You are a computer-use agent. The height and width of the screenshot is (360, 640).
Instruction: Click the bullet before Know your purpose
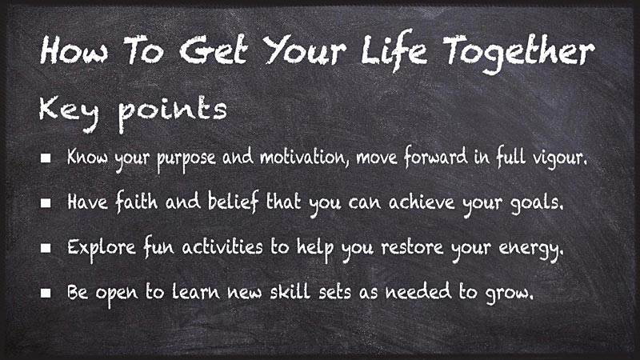(46, 158)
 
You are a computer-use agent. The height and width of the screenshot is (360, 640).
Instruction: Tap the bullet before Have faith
(46, 204)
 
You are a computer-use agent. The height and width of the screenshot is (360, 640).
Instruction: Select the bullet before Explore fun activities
(46, 249)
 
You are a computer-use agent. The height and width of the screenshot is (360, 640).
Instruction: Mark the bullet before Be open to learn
(46, 294)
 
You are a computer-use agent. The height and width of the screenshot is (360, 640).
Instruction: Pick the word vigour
(558, 158)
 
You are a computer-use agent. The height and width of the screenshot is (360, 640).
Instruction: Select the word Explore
(94, 248)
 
